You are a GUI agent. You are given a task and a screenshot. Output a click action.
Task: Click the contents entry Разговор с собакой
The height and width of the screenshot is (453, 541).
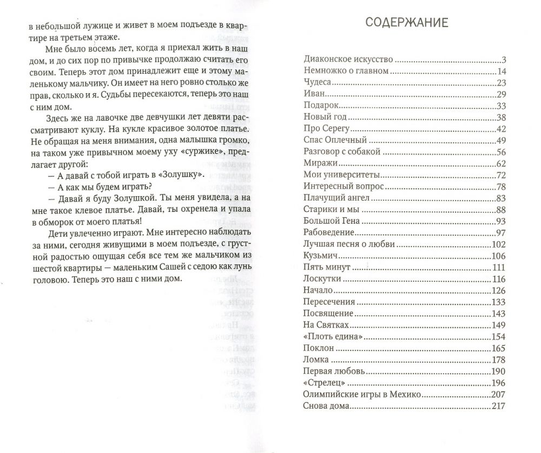click(342, 152)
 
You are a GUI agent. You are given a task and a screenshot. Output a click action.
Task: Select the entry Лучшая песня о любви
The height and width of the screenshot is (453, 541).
click(349, 244)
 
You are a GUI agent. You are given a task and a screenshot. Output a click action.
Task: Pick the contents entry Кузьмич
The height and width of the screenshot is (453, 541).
click(321, 256)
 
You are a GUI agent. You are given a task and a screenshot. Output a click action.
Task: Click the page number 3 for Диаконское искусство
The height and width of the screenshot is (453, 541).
click(503, 60)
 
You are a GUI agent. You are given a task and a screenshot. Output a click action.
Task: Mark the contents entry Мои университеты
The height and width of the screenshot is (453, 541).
click(341, 175)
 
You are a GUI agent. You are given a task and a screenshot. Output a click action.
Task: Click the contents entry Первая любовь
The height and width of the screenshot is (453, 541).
click(334, 372)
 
